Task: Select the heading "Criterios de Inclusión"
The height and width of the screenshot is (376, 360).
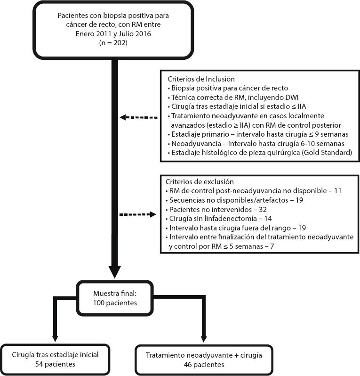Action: (x=198, y=79)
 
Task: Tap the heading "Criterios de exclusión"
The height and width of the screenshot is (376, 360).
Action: (x=200, y=181)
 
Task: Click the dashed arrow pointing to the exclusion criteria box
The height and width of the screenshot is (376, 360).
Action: (x=137, y=215)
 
